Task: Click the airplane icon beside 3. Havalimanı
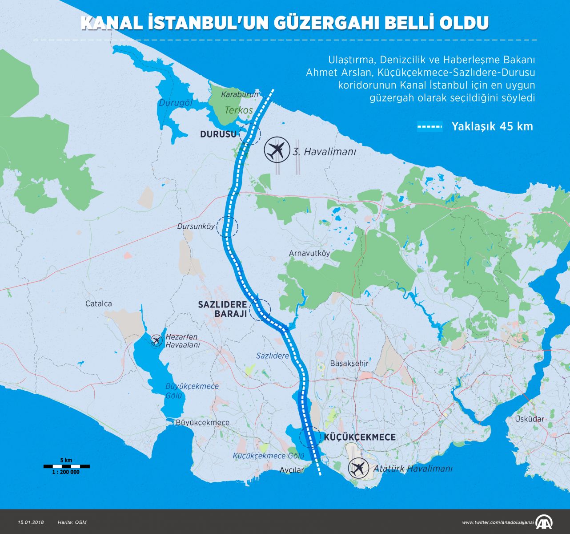[276, 150]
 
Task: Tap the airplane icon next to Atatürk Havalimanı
[358, 469]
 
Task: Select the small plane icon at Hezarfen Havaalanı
[156, 340]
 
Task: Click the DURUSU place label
[218, 134]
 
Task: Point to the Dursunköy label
[196, 227]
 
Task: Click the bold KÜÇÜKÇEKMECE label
[360, 437]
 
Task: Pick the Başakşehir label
[349, 363]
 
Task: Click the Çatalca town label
[99, 303]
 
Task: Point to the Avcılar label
[292, 470]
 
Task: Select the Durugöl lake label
[175, 103]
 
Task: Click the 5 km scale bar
[67, 466]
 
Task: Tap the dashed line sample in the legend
[430, 127]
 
